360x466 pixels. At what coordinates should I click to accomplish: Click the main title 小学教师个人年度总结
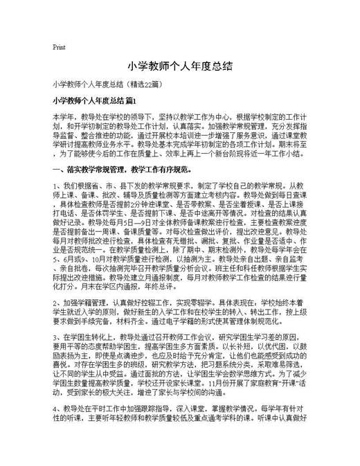pos(179,66)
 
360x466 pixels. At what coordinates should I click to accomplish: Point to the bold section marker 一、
pos(58,169)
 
